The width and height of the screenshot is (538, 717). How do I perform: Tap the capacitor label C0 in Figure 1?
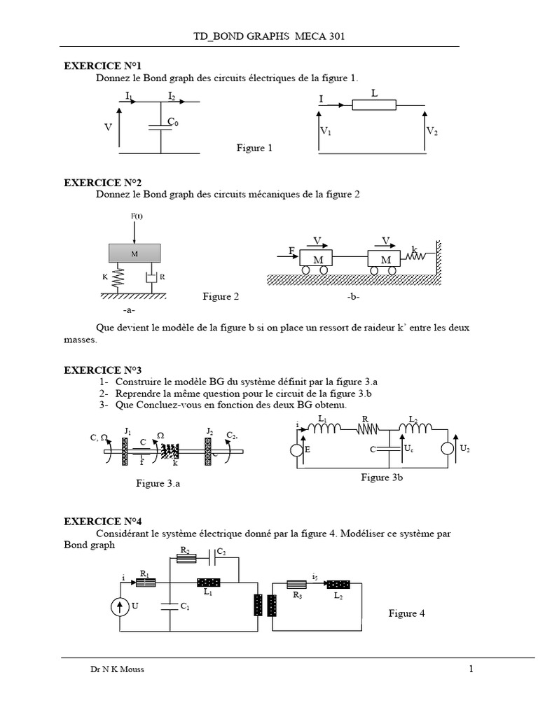point(172,123)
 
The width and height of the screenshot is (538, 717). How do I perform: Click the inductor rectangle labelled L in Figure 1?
point(374,105)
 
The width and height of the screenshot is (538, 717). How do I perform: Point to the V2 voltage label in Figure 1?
point(432,131)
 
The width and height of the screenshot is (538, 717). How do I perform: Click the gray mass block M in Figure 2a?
point(134,253)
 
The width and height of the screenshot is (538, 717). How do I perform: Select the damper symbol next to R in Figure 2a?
point(150,278)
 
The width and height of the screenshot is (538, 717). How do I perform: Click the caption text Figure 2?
point(221,297)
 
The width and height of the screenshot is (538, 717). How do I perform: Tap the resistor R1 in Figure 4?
point(145,582)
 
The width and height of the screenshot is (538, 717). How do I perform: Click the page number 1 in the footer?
point(471,669)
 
